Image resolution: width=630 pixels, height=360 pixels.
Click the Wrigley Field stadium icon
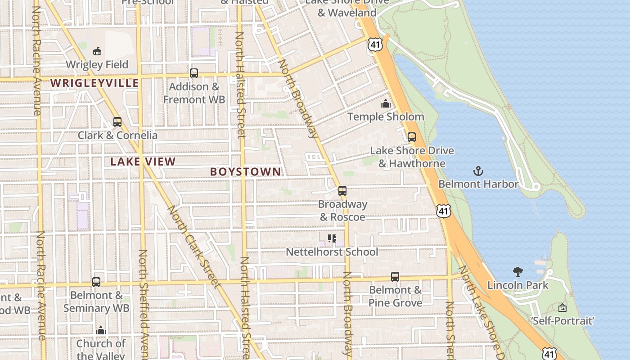point(97,51)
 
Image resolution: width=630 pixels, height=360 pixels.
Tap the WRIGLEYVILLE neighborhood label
point(94,83)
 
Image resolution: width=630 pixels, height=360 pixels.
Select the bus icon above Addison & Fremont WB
point(194,73)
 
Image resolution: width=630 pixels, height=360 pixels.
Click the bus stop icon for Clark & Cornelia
point(117,122)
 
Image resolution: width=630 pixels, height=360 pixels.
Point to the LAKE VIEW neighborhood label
point(143,162)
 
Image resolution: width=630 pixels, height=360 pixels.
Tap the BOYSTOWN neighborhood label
point(246,172)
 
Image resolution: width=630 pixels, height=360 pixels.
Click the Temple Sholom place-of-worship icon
point(385,104)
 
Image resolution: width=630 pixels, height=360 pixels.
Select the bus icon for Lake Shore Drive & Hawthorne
point(412,137)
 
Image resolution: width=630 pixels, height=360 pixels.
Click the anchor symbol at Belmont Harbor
point(478,171)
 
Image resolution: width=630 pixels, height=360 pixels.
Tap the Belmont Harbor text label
point(478,184)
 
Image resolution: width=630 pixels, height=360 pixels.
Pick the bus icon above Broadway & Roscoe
point(342,191)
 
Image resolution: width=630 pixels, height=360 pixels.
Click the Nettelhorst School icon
point(332,238)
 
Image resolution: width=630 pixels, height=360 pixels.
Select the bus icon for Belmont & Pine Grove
point(395,277)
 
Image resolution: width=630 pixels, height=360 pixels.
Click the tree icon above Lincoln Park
point(518,271)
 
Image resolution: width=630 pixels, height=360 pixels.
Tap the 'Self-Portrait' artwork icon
point(562,308)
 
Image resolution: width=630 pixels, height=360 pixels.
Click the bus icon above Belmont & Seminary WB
point(96,282)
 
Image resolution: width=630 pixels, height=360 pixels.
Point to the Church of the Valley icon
point(101,331)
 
